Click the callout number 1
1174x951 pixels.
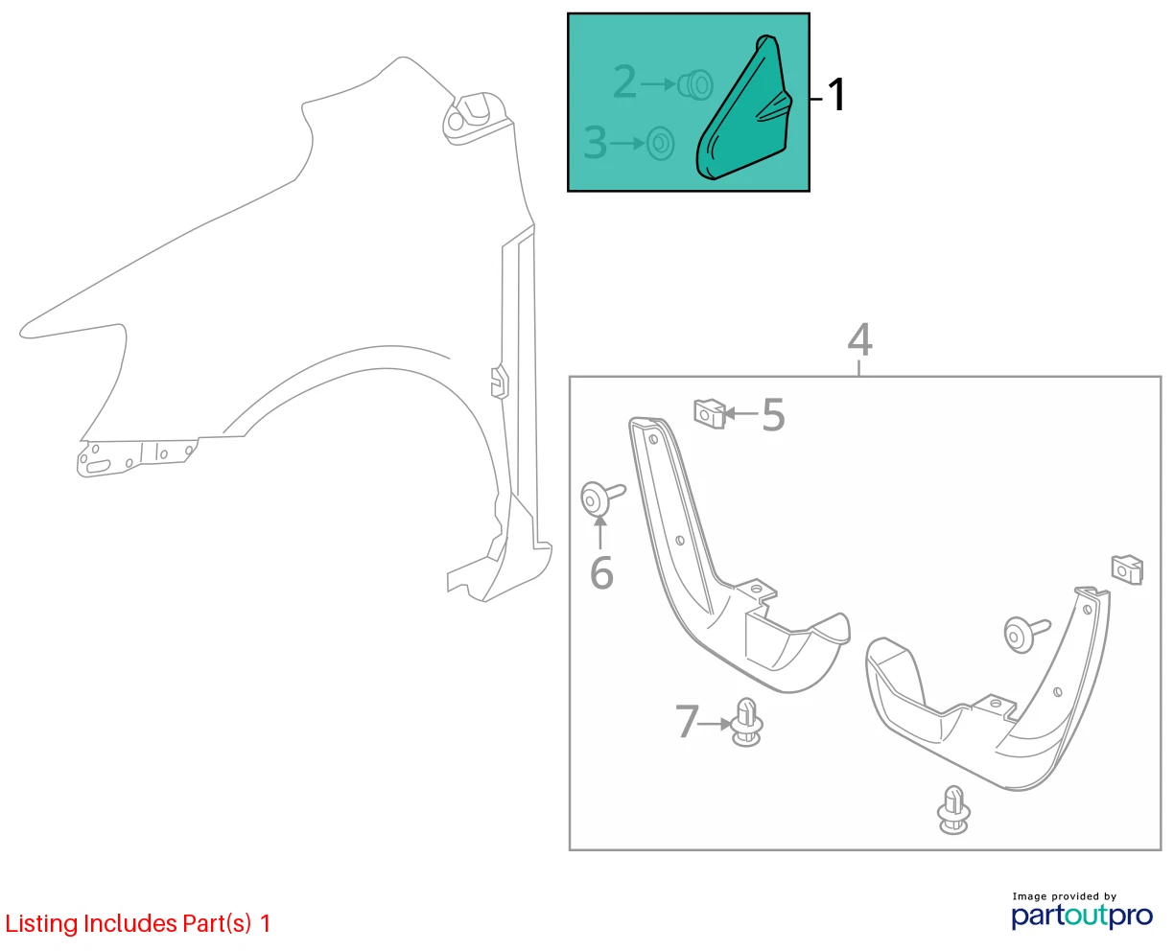836,95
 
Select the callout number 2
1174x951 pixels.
624,81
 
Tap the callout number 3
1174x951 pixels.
595,142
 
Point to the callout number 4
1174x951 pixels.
859,339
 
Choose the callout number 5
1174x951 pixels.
773,415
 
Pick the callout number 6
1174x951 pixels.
601,573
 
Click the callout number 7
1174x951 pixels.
687,721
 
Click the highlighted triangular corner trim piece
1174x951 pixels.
744,108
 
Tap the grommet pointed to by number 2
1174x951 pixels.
695,85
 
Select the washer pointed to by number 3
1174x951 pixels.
660,143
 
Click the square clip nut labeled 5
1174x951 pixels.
710,413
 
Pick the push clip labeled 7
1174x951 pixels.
746,722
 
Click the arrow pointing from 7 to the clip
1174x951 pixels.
715,724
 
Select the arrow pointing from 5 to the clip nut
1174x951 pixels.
741,413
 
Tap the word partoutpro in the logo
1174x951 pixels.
1081,916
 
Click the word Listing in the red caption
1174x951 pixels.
41,924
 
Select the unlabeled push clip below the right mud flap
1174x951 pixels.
953,810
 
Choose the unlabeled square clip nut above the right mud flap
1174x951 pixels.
1127,569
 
